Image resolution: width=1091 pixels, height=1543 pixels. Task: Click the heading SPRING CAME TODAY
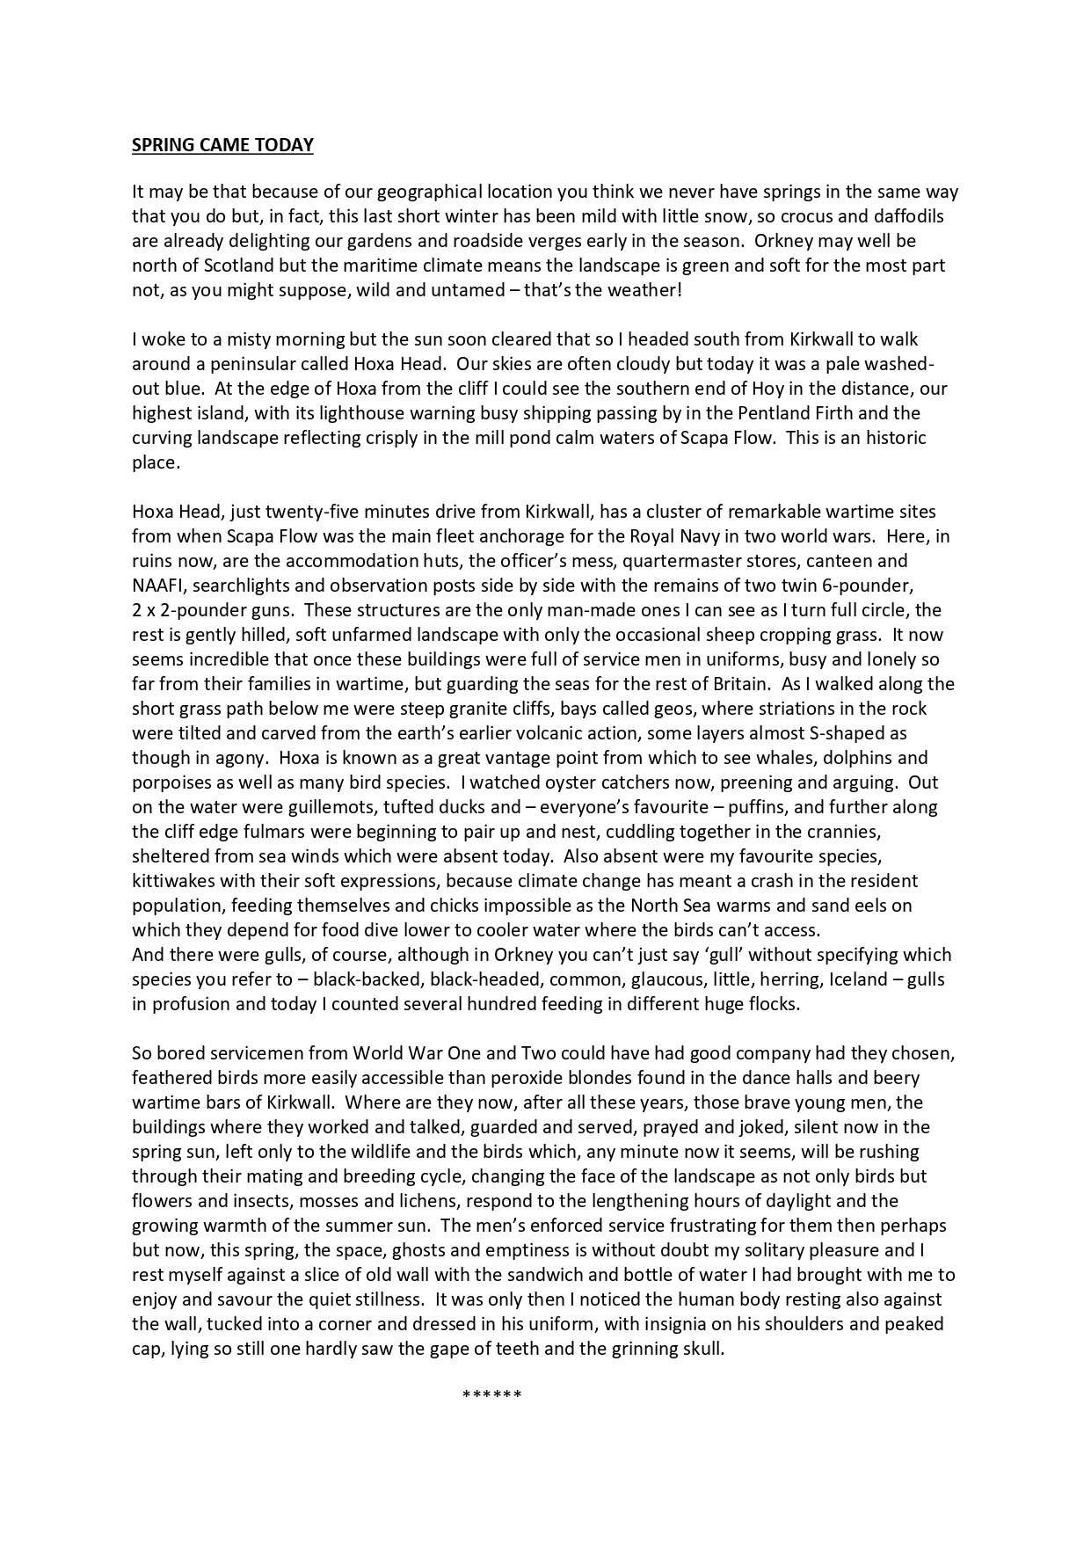click(222, 145)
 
